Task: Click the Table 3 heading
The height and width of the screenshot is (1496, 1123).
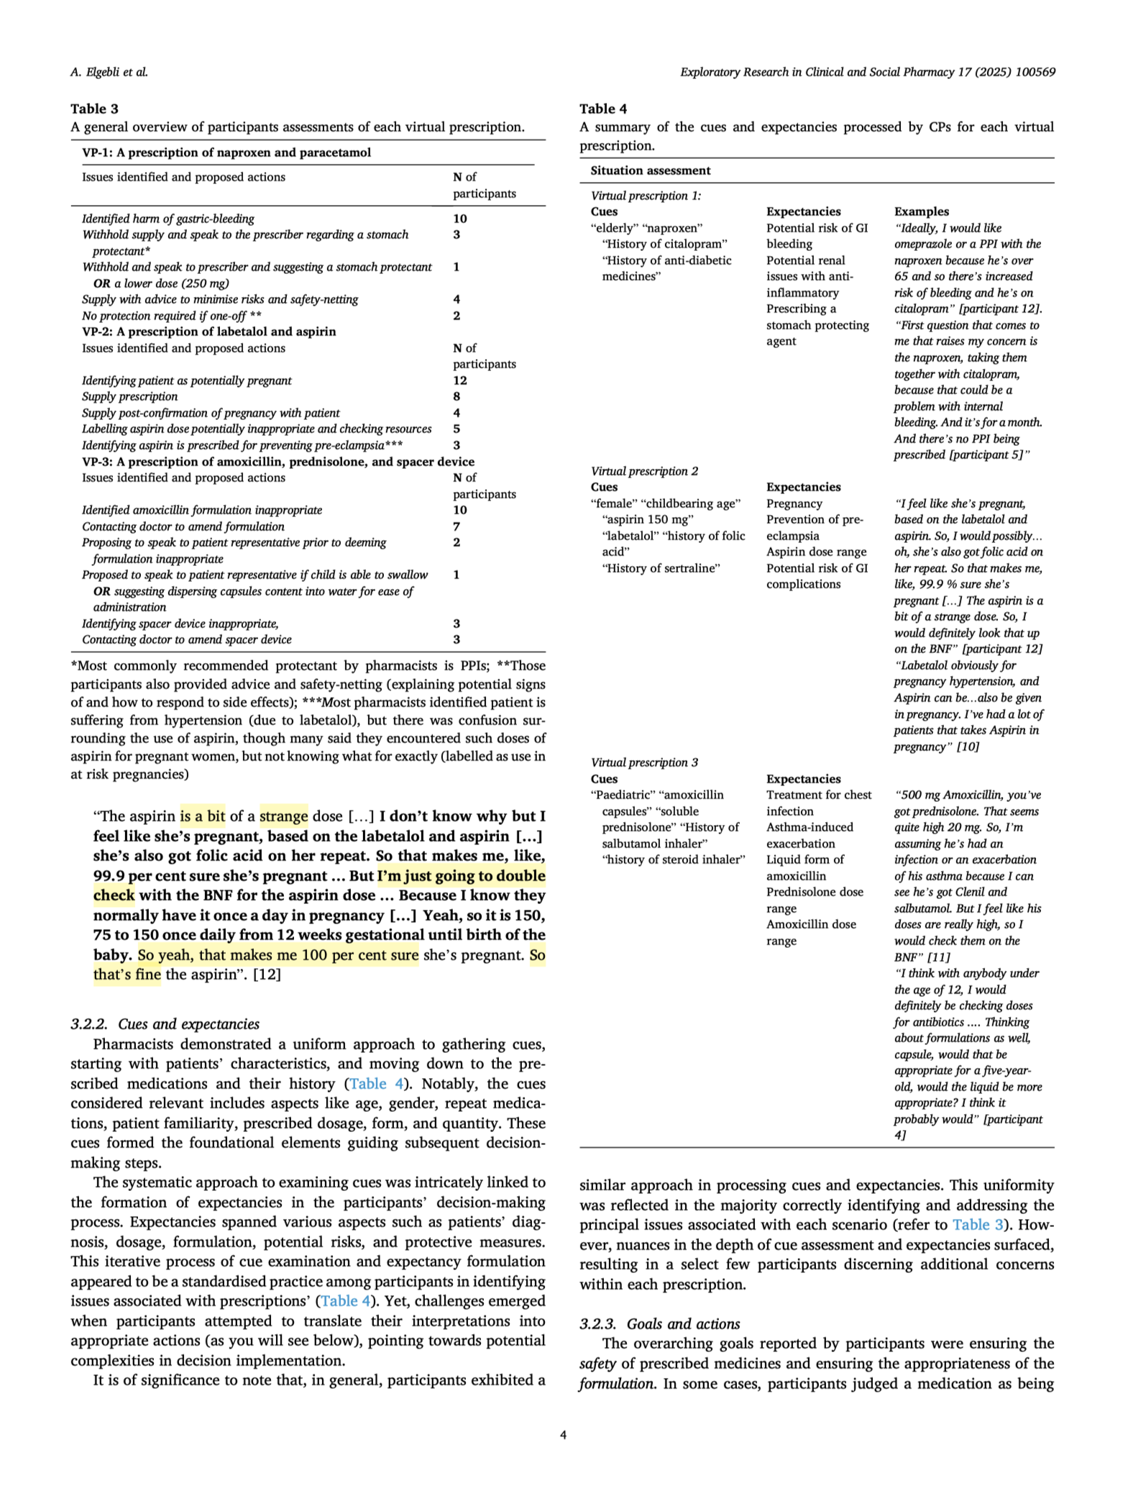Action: [94, 109]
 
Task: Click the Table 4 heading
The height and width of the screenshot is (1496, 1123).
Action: [603, 109]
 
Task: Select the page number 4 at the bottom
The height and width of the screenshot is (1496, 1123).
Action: [563, 1435]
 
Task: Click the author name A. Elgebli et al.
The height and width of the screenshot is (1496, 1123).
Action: [109, 72]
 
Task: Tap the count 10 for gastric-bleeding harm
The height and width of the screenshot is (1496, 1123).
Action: [460, 219]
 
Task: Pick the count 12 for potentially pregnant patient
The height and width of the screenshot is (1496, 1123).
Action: [460, 380]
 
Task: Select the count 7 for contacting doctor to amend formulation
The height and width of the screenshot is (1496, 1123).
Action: [457, 526]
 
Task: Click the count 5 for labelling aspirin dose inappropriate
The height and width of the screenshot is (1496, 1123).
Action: [457, 429]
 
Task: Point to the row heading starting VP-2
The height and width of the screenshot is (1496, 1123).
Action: [208, 332]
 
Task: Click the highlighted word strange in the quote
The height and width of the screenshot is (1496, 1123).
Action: [284, 816]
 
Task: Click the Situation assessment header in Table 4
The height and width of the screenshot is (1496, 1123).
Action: [650, 170]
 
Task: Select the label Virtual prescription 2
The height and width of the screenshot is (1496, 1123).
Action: [644, 471]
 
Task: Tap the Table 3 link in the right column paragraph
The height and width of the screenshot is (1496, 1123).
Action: [976, 1225]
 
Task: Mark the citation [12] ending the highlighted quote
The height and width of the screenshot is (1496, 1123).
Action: [267, 975]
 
